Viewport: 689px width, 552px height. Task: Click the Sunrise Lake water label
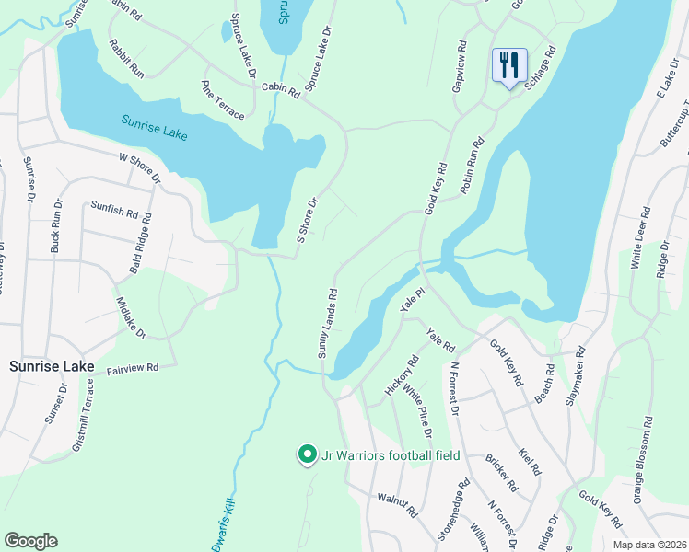click(155, 128)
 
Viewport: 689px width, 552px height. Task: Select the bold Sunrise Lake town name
click(52, 366)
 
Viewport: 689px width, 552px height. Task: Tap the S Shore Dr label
click(307, 220)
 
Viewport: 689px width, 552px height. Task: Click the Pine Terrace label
click(223, 99)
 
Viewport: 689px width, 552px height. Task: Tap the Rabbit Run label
click(126, 58)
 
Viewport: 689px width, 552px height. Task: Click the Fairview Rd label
click(133, 367)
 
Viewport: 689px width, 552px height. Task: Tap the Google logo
click(30, 541)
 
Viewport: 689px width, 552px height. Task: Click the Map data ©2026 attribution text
click(649, 545)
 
